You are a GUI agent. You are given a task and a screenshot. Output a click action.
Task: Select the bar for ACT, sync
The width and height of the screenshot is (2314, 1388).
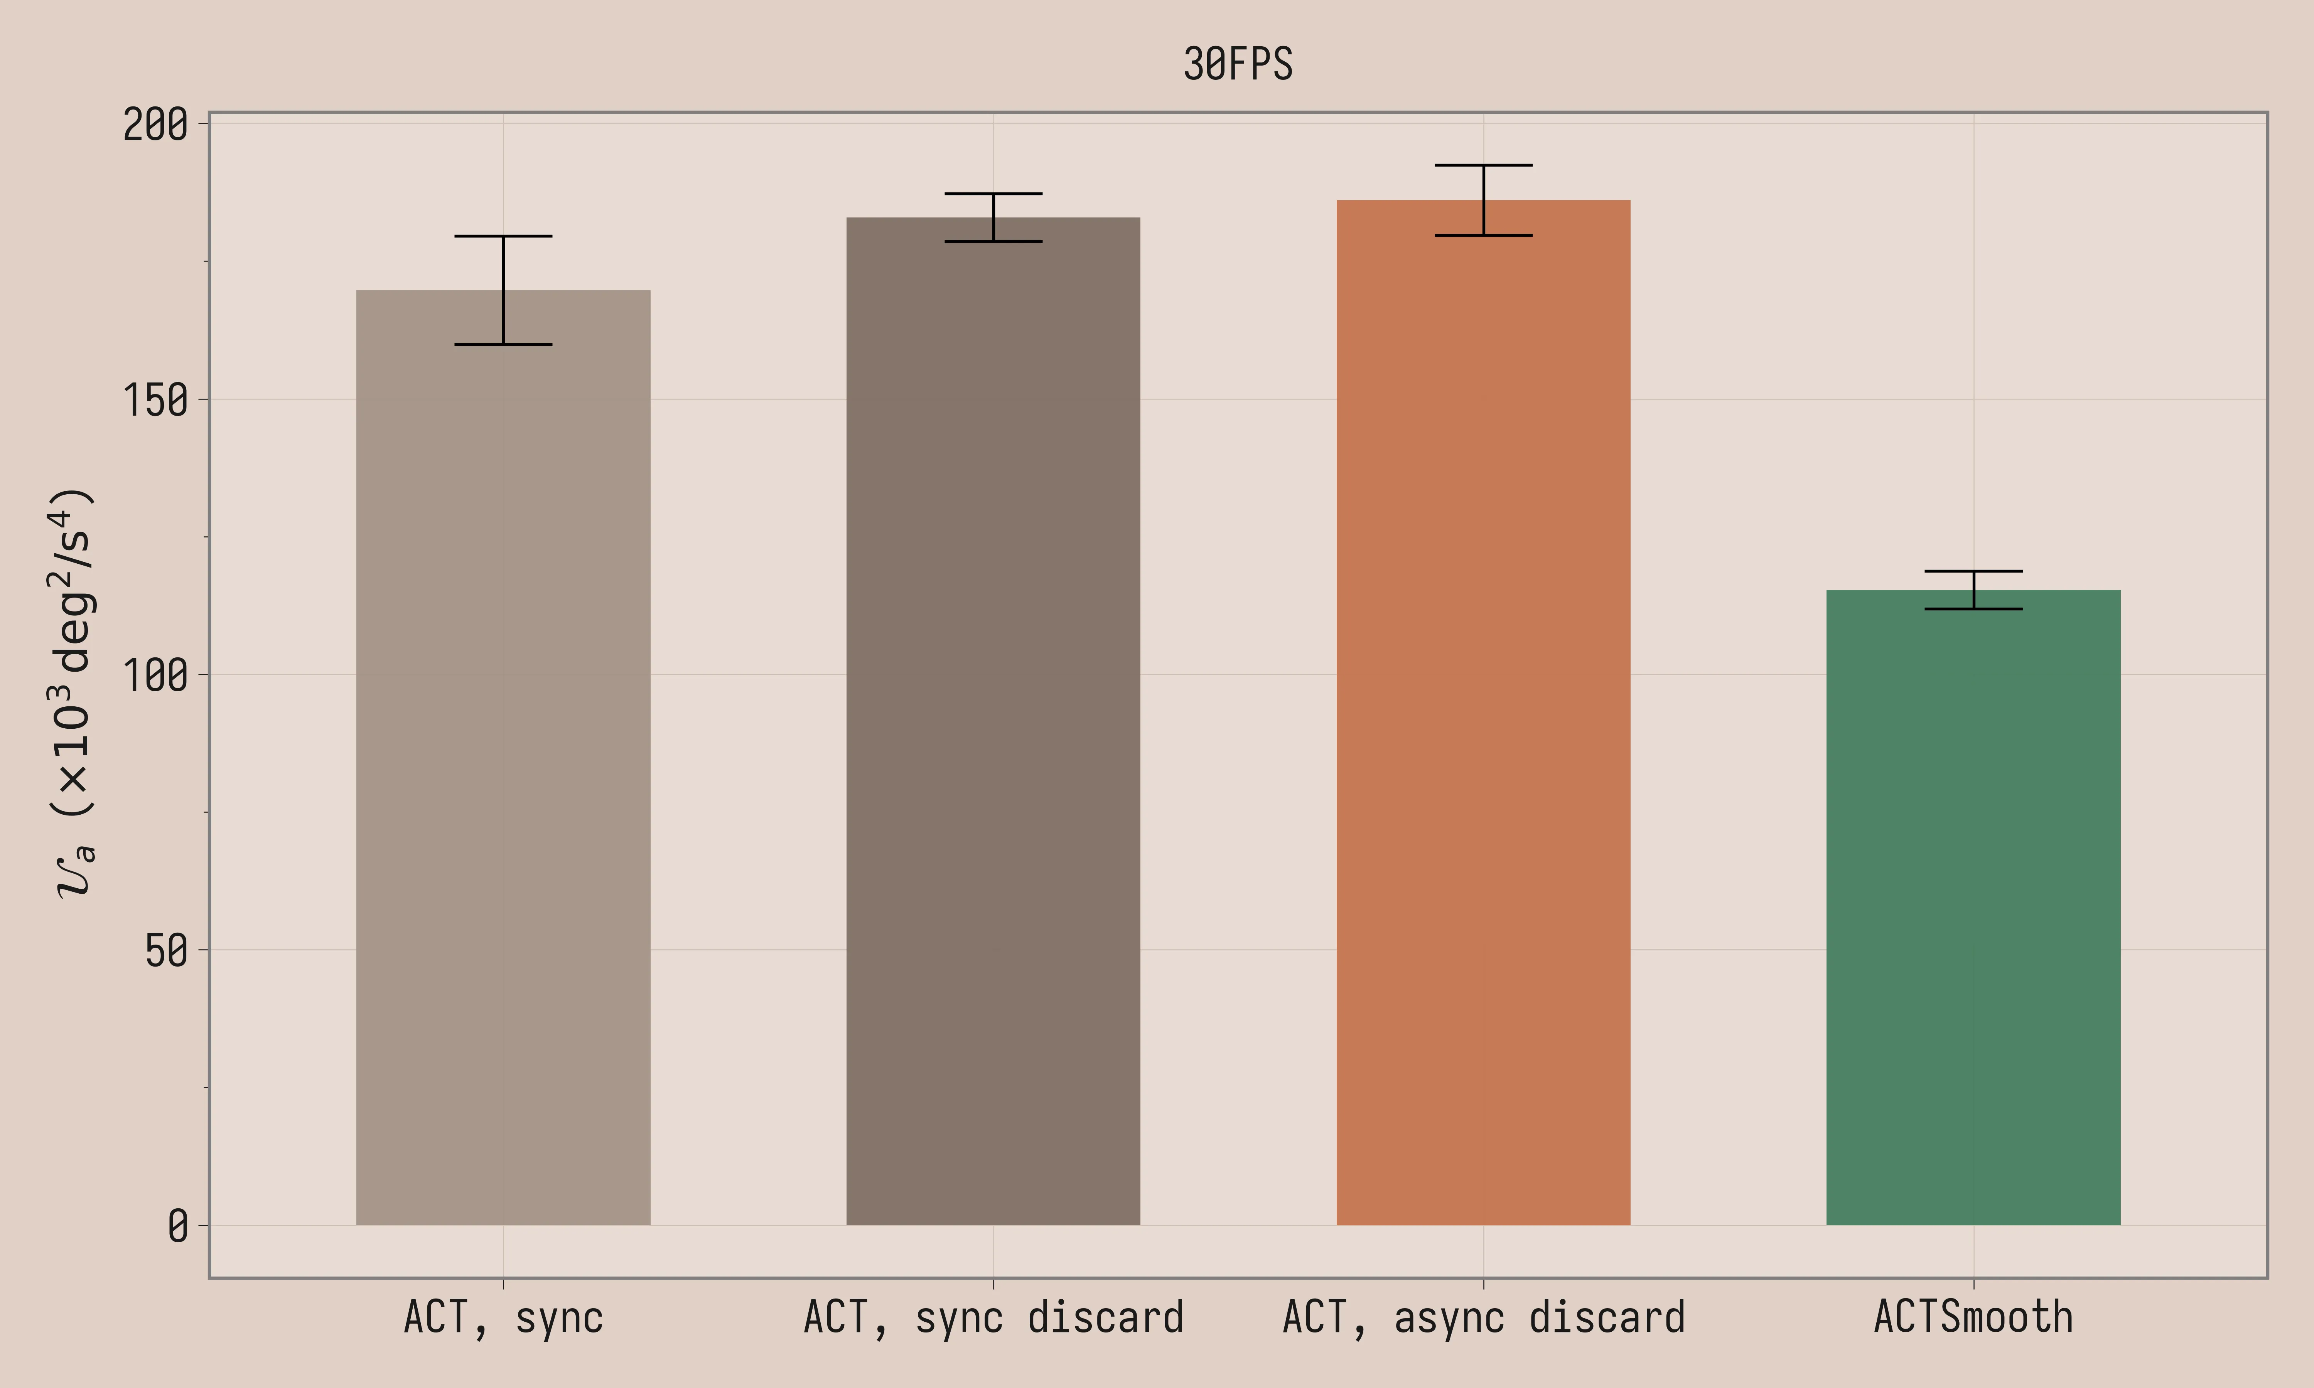pyautogui.click(x=503, y=758)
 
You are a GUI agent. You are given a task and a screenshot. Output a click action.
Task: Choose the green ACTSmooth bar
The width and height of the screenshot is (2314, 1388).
pyautogui.click(x=1973, y=907)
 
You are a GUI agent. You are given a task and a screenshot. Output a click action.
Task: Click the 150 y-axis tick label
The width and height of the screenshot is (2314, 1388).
pyautogui.click(x=155, y=400)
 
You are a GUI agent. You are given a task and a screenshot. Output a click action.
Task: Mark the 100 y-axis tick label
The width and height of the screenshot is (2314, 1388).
pyautogui.click(x=155, y=675)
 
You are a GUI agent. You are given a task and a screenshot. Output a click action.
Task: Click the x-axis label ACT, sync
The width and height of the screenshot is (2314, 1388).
pyautogui.click(x=503, y=1318)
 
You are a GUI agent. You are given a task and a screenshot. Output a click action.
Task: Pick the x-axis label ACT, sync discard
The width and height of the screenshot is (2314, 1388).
pyautogui.click(x=993, y=1318)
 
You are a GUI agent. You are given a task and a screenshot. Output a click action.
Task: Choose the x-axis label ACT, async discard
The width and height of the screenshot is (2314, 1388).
pyautogui.click(x=1483, y=1318)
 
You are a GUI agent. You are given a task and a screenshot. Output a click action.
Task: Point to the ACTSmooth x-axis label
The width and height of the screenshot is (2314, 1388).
pyautogui.click(x=1973, y=1318)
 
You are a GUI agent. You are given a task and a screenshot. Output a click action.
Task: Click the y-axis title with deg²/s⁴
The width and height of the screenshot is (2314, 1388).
pyautogui.click(x=73, y=692)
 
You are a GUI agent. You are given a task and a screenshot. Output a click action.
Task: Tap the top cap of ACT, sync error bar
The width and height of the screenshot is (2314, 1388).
pyautogui.click(x=503, y=236)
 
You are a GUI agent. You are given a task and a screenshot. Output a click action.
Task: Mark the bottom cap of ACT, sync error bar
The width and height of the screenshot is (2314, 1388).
pyautogui.click(x=503, y=344)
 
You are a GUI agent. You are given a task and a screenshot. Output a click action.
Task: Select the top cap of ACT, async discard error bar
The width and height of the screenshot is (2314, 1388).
pyautogui.click(x=1483, y=165)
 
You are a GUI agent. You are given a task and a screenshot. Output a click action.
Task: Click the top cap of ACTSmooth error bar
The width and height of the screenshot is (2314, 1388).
pyautogui.click(x=1973, y=571)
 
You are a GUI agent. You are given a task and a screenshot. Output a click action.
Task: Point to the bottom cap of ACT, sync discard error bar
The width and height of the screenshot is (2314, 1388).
pyautogui.click(x=993, y=241)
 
